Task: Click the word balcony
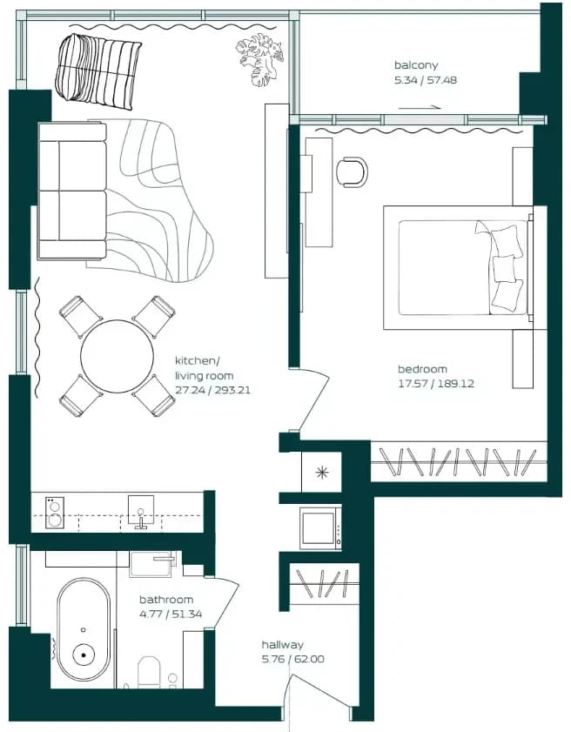point(416,65)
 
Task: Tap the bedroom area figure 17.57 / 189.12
point(436,384)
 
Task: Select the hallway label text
point(283,645)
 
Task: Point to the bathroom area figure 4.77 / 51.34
point(171,614)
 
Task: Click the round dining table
point(117,356)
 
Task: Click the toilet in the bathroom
point(150,672)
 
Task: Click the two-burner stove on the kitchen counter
point(55,513)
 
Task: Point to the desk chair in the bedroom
point(352,171)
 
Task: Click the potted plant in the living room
point(259,59)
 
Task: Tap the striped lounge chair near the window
point(98,71)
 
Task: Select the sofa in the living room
point(72,191)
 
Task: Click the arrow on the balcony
point(420,107)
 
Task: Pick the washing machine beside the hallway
point(320,528)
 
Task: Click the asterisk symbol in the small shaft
point(321,473)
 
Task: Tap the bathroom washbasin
point(152,564)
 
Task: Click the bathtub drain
point(84,655)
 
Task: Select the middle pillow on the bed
point(504,268)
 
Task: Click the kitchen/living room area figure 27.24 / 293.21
point(213,390)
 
